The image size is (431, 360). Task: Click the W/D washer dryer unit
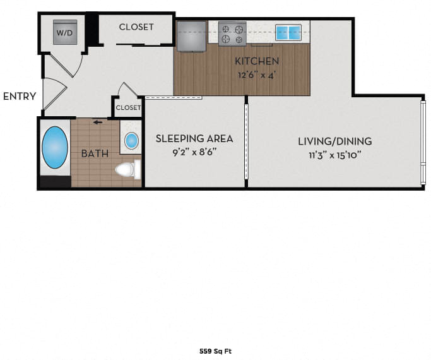point(65,32)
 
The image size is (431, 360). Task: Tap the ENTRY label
point(20,96)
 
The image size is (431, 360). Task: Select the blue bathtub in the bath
point(55,147)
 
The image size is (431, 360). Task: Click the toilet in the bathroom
point(128,169)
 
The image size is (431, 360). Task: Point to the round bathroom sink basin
point(131,141)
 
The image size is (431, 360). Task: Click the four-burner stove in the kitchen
point(232,33)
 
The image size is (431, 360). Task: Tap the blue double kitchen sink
point(288,33)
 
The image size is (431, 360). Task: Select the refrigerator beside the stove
point(191,36)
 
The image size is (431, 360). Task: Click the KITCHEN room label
point(257,61)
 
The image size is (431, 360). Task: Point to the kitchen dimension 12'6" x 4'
point(257,75)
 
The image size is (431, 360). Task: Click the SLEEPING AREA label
point(194,138)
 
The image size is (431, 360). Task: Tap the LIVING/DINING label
point(335,141)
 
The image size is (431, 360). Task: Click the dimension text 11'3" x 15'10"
point(335,155)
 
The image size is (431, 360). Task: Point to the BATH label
point(95,153)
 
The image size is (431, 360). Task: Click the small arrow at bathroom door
point(98,123)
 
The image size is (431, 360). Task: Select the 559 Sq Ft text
point(216,351)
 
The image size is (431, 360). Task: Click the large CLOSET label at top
point(136,27)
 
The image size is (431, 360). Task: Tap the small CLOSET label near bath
point(128,107)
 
